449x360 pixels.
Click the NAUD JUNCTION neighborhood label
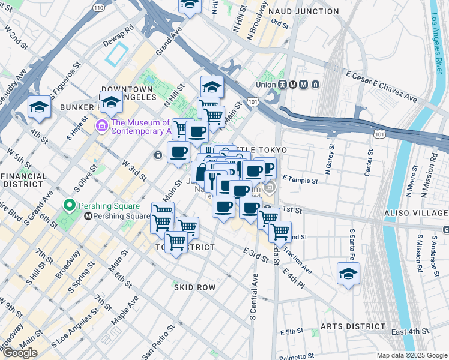click(303, 11)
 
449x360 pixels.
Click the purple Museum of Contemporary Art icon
click(101, 127)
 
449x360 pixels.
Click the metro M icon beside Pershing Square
click(88, 216)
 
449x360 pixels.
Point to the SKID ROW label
click(194, 287)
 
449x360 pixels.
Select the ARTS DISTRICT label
click(352, 326)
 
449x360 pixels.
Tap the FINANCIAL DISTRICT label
click(24, 180)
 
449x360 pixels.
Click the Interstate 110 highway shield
click(98, 7)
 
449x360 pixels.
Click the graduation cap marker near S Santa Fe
click(348, 274)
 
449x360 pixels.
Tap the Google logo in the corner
click(20, 353)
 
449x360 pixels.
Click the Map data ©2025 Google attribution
click(411, 355)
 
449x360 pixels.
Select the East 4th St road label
click(410, 331)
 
